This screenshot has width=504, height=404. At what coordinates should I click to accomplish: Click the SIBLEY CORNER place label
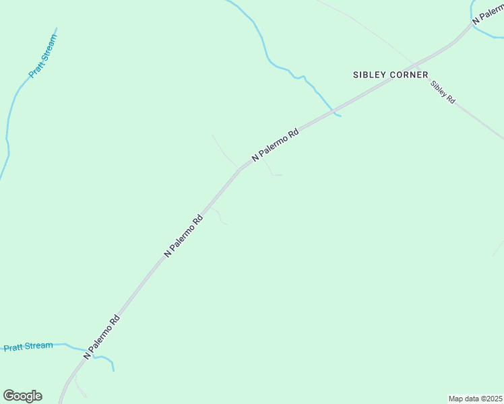[390, 75]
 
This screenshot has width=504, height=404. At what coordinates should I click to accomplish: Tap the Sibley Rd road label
[443, 92]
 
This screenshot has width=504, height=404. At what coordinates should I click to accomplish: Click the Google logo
[22, 396]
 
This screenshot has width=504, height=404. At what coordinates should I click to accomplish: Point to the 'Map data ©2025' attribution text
[474, 399]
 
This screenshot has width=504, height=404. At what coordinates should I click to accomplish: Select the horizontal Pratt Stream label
[28, 347]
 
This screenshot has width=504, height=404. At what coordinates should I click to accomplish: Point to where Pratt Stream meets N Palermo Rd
[88, 352]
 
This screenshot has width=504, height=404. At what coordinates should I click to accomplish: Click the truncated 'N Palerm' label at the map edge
[488, 15]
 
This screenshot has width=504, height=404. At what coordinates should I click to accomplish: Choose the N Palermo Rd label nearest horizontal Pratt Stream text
[102, 338]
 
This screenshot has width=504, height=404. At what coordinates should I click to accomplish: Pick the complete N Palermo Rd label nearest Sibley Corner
[275, 145]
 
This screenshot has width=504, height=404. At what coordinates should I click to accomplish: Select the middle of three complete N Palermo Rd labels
[183, 236]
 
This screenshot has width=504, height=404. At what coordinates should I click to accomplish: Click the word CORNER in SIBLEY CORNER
[408, 75]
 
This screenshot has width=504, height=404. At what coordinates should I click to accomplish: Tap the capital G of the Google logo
[9, 396]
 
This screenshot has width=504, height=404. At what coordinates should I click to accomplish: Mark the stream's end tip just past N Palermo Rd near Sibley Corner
[341, 116]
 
